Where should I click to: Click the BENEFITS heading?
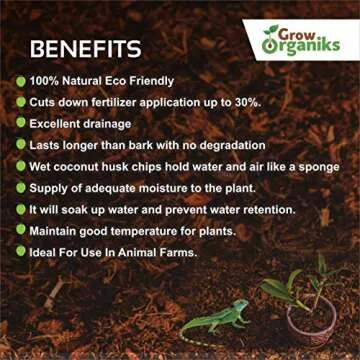[x=85, y=48]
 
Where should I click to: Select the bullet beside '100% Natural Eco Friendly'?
[x=20, y=80]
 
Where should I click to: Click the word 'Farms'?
[x=175, y=252]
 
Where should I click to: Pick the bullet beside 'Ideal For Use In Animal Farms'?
[x=20, y=252]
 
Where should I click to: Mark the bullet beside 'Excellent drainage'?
[x=20, y=123]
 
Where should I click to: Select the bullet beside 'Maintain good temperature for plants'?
[x=20, y=231]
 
